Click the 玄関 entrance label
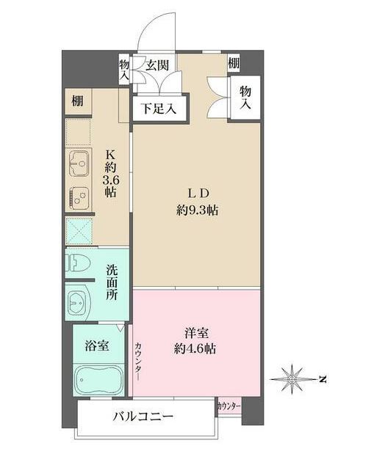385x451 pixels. pos(156,65)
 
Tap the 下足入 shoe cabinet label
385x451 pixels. pos(159,109)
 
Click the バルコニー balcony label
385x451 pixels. pos(143,418)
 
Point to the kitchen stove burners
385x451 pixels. pos(79,197)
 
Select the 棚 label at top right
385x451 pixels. pos(233,64)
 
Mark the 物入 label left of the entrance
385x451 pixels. pos(124,70)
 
